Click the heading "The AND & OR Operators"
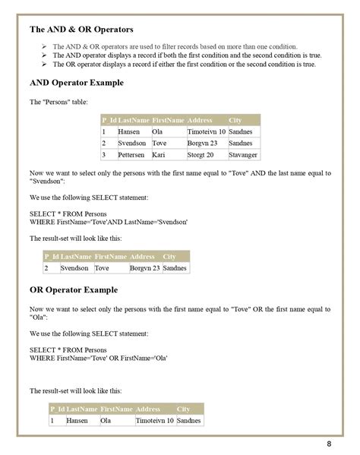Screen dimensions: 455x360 pos(81,30)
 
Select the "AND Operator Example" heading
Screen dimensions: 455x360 pos(76,82)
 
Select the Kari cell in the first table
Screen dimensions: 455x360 pos(159,155)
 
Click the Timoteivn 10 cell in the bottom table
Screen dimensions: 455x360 pos(154,420)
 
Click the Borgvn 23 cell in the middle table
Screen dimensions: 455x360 pos(144,268)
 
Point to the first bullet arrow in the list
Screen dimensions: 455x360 pos(44,46)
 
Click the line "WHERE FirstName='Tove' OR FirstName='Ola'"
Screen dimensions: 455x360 pos(99,357)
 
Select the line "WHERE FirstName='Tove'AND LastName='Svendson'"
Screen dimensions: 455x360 pos(109,221)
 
